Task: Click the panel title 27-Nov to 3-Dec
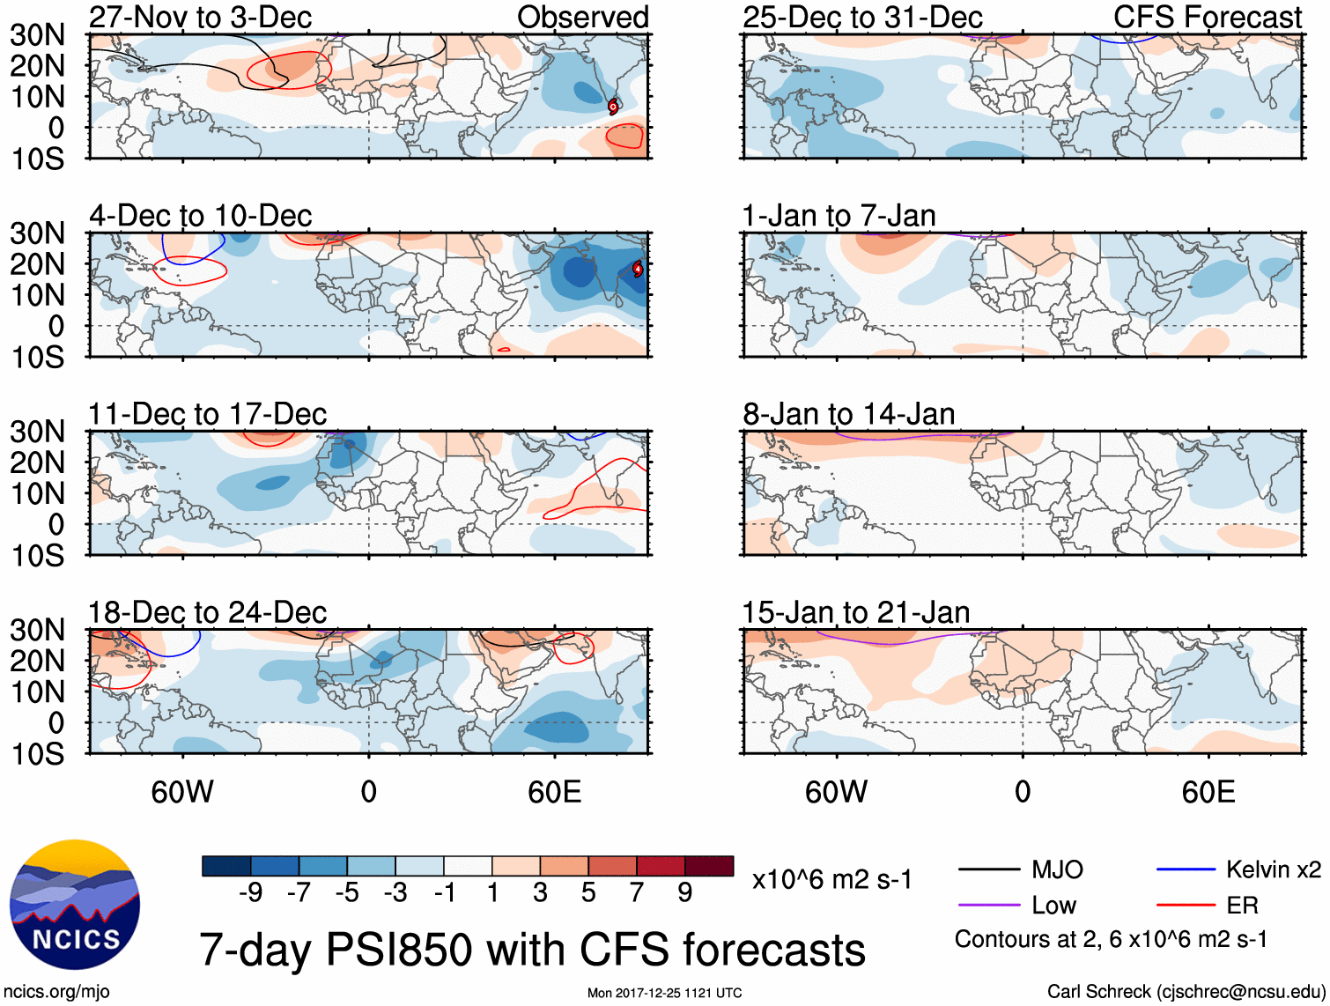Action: (200, 17)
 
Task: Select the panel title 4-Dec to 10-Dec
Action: (200, 216)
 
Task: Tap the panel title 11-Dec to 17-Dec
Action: (207, 414)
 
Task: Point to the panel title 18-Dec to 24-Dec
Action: (207, 612)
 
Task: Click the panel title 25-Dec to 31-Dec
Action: (861, 17)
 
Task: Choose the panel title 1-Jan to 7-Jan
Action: (839, 216)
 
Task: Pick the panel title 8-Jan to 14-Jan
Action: (848, 414)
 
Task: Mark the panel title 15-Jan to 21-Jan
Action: (855, 612)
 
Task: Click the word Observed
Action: (582, 17)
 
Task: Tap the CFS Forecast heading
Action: (1207, 17)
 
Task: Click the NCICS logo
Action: (74, 906)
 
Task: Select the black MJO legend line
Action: (988, 870)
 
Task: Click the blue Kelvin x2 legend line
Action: (1186, 870)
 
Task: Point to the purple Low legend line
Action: (988, 905)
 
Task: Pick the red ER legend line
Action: (1186, 905)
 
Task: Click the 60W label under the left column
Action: (182, 792)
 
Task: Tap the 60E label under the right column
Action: (1208, 792)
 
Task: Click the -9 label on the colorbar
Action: (251, 893)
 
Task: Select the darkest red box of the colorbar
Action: (709, 866)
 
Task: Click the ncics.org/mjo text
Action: (57, 992)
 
